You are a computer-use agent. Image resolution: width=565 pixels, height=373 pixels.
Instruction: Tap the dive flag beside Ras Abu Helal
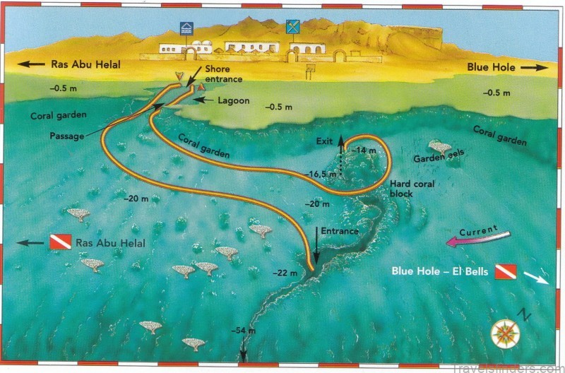click(x=59, y=243)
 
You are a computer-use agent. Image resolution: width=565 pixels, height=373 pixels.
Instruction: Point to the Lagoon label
click(x=233, y=101)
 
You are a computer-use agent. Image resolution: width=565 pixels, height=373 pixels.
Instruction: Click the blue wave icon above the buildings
click(x=186, y=28)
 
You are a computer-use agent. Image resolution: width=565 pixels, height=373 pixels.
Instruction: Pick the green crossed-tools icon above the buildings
click(x=292, y=28)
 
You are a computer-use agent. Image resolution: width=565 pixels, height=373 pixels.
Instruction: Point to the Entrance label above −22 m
click(x=340, y=231)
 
